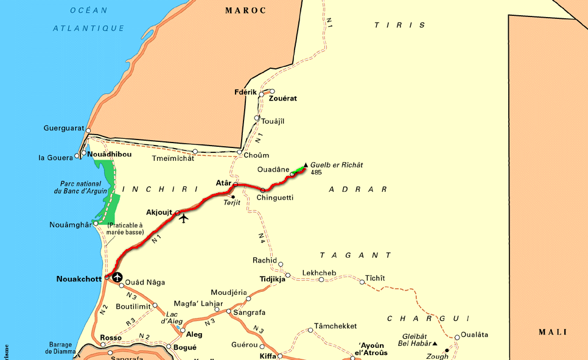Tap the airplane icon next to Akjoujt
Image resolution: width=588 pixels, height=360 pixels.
(184, 218)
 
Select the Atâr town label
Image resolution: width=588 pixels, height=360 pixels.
(224, 183)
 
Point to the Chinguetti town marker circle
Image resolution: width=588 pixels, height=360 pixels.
(263, 191)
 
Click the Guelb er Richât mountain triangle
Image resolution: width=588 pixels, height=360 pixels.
(306, 164)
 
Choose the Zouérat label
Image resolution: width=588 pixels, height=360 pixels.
(283, 98)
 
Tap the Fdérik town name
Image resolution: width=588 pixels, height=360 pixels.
(245, 92)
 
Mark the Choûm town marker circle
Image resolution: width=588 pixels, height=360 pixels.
(240, 153)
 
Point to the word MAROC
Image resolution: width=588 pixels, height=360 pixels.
(246, 10)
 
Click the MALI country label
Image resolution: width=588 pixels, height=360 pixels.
(553, 332)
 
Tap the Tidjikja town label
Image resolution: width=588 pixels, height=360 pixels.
(273, 280)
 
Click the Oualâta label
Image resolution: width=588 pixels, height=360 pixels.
(474, 334)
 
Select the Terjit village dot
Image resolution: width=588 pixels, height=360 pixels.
(233, 196)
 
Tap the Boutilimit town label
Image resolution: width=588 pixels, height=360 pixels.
(133, 306)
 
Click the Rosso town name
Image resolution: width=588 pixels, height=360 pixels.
(111, 337)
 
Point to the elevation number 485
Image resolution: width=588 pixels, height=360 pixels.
(316, 172)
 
